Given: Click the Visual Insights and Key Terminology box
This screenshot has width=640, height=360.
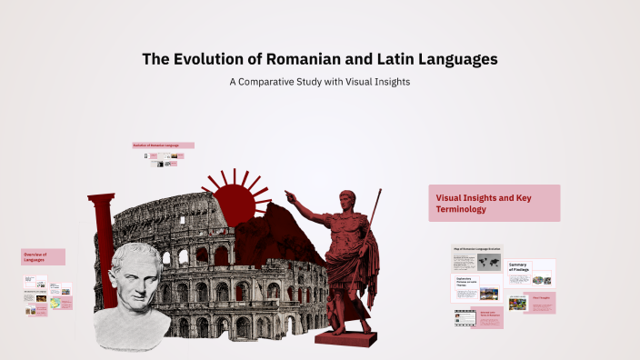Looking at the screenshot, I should click(494, 203).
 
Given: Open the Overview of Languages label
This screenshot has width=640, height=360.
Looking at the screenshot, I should click(43, 256).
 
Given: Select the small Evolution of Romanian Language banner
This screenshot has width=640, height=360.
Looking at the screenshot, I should click(163, 145).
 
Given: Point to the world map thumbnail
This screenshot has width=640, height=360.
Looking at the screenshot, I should click(488, 262).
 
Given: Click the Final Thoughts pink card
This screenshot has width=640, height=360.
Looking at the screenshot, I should click(542, 302).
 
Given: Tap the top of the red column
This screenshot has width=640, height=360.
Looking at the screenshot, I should click(101, 198).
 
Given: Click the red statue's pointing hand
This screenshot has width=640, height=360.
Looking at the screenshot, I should click(291, 195).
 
